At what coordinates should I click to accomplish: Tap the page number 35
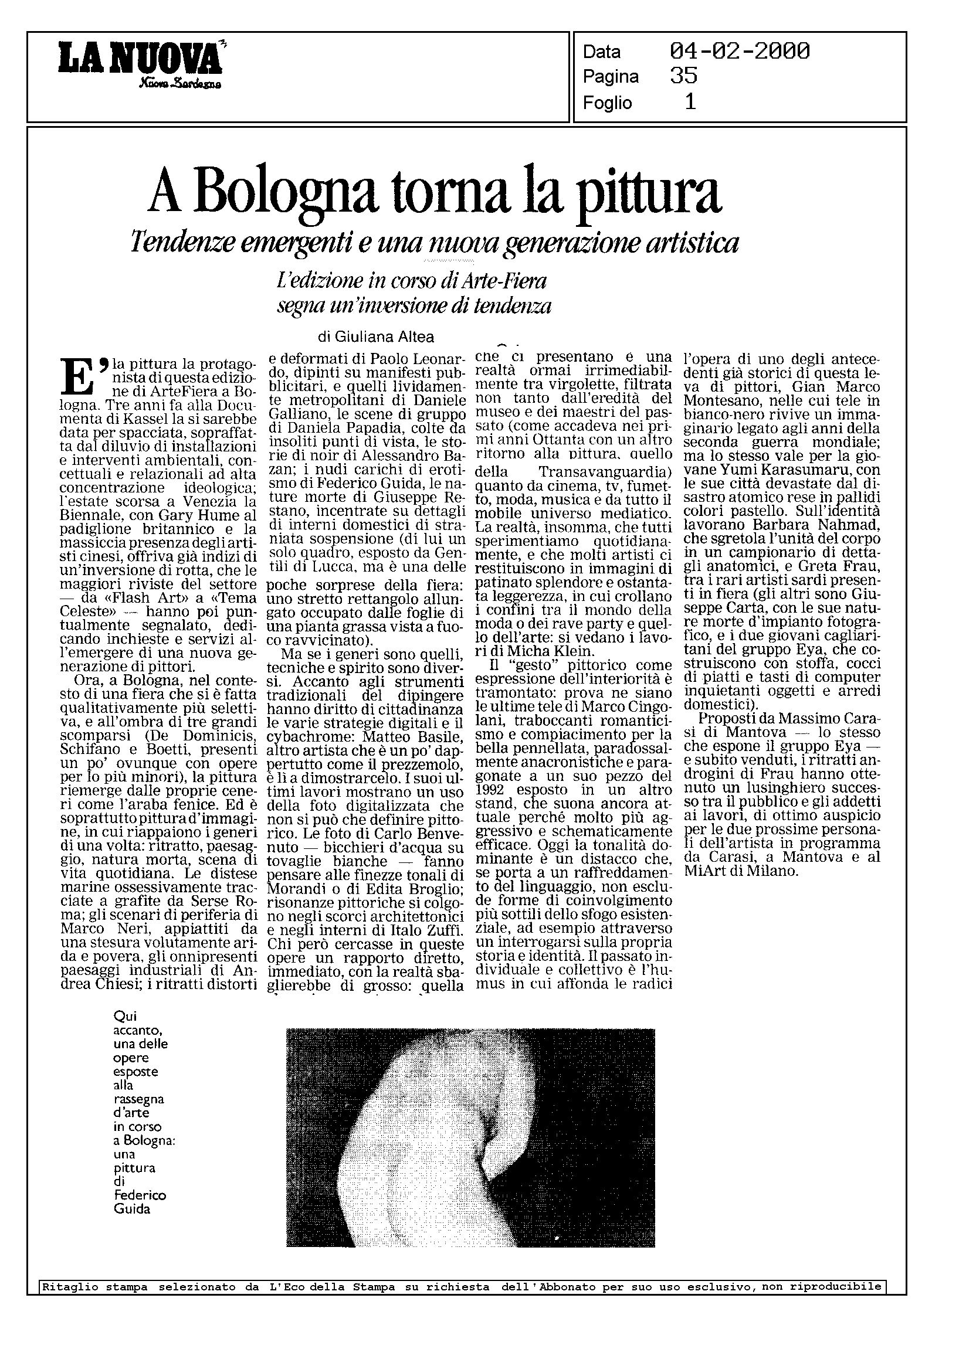pos(683,76)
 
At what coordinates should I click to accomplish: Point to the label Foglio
pos(607,103)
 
